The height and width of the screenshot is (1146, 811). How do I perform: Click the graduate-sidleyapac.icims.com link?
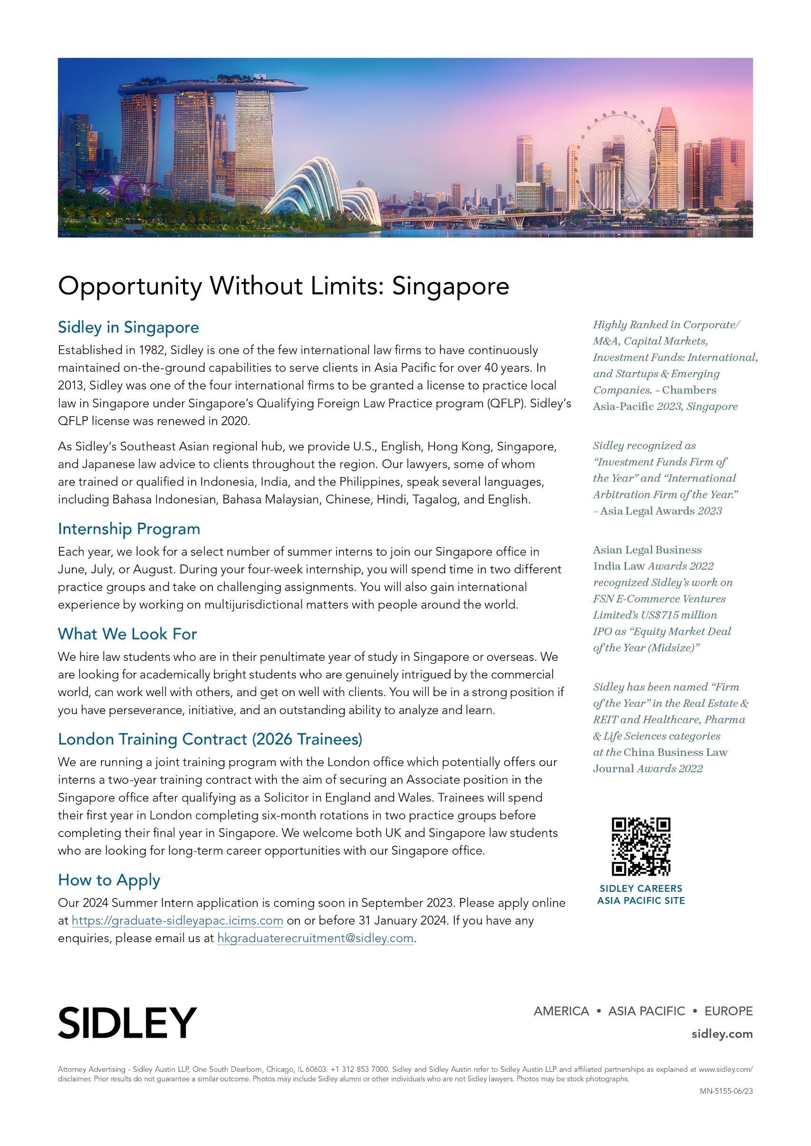177,920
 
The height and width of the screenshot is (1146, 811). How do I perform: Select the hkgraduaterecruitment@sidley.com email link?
315,938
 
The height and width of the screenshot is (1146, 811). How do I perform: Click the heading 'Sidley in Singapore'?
128,327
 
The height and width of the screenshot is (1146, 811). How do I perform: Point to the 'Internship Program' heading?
129,529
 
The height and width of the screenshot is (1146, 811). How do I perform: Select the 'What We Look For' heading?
127,633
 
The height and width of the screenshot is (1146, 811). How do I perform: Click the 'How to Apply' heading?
109,879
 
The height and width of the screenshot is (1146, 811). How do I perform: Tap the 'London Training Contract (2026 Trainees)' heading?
210,739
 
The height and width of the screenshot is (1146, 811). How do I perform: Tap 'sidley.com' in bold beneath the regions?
722,1034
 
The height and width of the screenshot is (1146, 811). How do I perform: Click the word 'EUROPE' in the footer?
728,1011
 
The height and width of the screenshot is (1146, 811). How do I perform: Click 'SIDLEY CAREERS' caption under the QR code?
641,888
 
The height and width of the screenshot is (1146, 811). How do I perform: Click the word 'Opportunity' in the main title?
130,286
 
